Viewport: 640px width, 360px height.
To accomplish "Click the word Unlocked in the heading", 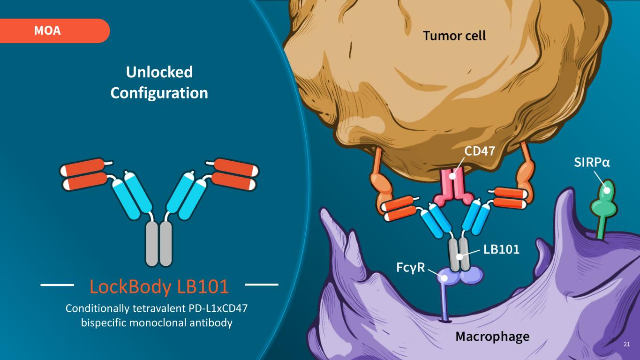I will tap(159, 72).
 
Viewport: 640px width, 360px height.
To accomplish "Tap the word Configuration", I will tap(159, 93).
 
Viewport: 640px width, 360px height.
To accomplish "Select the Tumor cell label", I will tap(454, 36).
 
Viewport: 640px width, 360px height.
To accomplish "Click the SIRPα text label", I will tap(592, 162).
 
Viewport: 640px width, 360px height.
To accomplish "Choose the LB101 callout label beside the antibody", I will tap(501, 249).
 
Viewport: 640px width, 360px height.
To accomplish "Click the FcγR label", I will tap(411, 267).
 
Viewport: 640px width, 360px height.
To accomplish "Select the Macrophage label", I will tap(492, 336).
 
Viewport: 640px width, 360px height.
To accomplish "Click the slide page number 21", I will tap(627, 345).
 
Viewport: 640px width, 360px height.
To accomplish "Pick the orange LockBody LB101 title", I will tap(159, 287).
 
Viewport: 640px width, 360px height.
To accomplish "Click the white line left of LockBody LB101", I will tap(58, 284).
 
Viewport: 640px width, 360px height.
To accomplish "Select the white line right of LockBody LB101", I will tap(262, 284).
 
